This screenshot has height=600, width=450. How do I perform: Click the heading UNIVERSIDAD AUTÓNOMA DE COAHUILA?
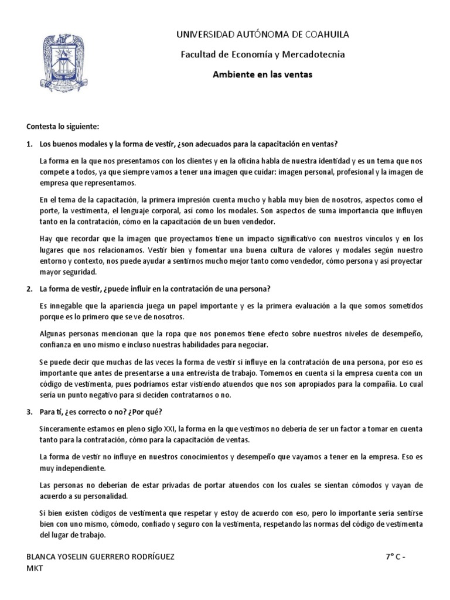tap(263, 35)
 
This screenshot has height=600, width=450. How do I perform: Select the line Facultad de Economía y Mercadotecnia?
tap(263, 54)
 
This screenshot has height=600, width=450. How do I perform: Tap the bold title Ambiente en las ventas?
tap(262, 74)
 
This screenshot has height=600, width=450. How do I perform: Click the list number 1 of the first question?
tap(29, 144)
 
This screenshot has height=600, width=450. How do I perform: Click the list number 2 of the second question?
tap(29, 289)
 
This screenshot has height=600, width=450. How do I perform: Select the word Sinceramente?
tap(61, 431)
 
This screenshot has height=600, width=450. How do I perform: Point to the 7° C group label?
tap(388, 556)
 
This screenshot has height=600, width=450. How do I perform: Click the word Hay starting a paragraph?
tap(46, 238)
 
